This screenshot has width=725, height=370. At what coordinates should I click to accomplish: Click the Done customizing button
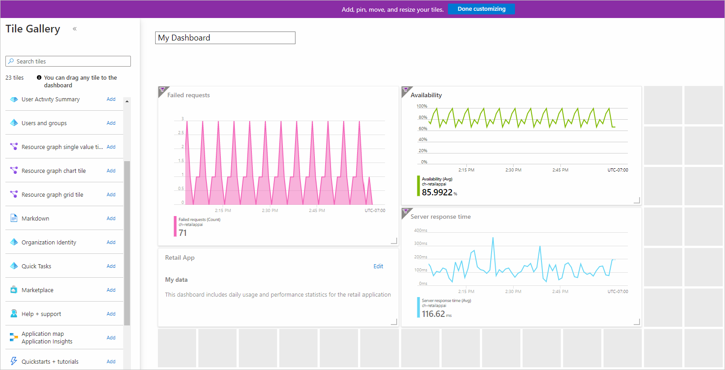(481, 9)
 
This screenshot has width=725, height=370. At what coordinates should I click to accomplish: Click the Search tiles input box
(68, 61)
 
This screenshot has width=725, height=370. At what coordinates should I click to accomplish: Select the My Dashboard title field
(225, 38)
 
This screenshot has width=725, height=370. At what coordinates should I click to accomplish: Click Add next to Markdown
(111, 218)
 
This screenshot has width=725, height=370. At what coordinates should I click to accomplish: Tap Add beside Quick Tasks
(111, 266)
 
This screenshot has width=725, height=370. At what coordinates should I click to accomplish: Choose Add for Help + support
(111, 314)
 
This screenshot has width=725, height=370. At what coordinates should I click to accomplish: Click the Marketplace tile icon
(14, 290)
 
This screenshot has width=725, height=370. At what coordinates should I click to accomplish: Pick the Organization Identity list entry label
(49, 242)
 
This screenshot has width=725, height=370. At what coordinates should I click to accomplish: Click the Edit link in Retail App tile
(378, 266)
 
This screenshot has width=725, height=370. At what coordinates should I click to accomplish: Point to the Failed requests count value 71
(183, 233)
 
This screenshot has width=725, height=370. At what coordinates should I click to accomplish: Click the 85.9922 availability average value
(437, 192)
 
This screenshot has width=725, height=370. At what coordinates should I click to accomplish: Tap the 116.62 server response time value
(433, 314)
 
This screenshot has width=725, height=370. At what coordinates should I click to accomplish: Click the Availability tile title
(426, 95)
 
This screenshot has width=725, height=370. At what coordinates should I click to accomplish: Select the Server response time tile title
(440, 217)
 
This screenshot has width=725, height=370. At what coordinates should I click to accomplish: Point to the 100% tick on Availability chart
(422, 106)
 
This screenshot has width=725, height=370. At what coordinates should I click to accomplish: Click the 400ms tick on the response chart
(421, 230)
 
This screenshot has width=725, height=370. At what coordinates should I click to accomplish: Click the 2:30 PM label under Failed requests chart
(270, 210)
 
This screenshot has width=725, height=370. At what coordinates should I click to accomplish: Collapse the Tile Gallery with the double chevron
(75, 29)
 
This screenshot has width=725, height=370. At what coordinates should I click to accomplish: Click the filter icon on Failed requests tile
(162, 90)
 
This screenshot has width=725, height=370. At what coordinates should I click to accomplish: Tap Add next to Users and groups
(111, 123)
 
